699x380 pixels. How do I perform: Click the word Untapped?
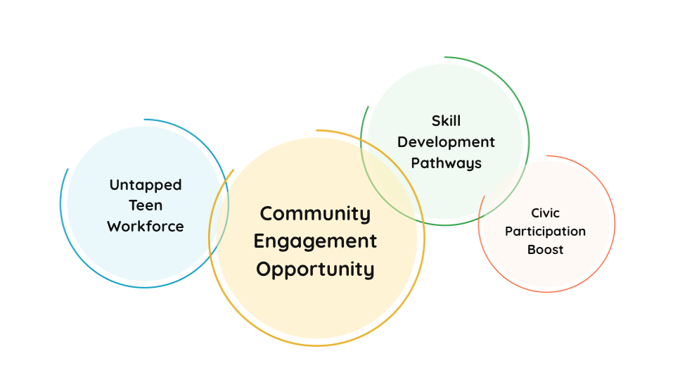(x=145, y=185)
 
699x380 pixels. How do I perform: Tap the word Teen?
(x=145, y=205)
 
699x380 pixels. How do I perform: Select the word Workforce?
(x=145, y=227)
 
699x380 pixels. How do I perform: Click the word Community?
(x=315, y=213)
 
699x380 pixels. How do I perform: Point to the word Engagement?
(x=315, y=241)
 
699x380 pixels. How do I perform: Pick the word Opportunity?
(x=315, y=269)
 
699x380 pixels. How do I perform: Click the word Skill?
(x=446, y=121)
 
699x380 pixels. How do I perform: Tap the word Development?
(x=446, y=142)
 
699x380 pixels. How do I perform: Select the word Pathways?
(x=446, y=163)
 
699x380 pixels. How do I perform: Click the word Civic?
(x=545, y=213)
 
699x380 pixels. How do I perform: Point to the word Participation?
(x=545, y=231)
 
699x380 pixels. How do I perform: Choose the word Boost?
(x=545, y=249)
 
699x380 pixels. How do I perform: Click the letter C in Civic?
(x=534, y=213)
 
